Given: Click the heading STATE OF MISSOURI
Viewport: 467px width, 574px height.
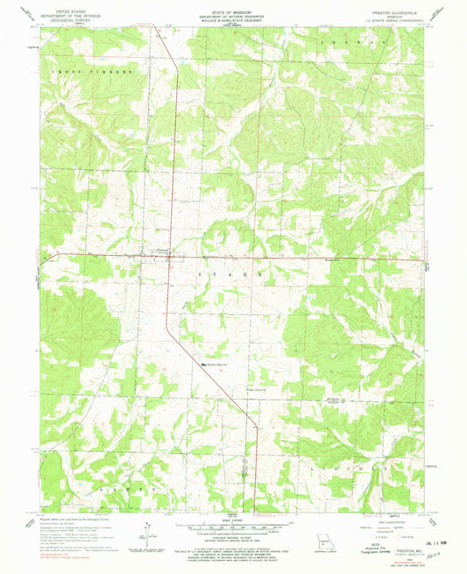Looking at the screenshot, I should coord(232,5).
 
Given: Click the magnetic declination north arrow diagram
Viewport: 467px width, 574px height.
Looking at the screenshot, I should coord(145,533).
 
